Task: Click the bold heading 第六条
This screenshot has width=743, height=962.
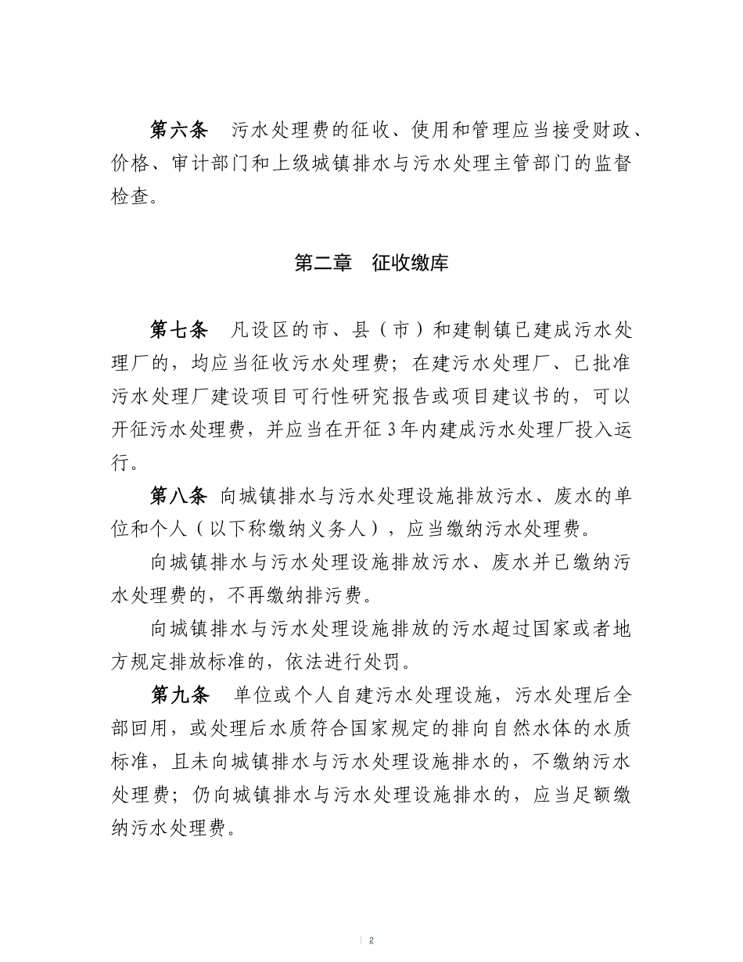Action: click(x=179, y=131)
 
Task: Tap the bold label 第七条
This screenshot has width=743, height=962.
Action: click(x=179, y=330)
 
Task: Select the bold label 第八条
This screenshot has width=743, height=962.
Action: click(x=179, y=496)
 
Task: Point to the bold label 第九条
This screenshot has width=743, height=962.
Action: click(x=179, y=695)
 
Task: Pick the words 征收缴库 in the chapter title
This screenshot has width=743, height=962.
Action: click(x=410, y=263)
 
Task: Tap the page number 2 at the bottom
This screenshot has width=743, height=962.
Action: click(x=371, y=939)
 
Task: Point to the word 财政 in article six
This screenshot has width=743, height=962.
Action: click(x=602, y=131)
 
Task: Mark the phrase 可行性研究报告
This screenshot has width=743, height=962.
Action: click(x=411, y=397)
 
